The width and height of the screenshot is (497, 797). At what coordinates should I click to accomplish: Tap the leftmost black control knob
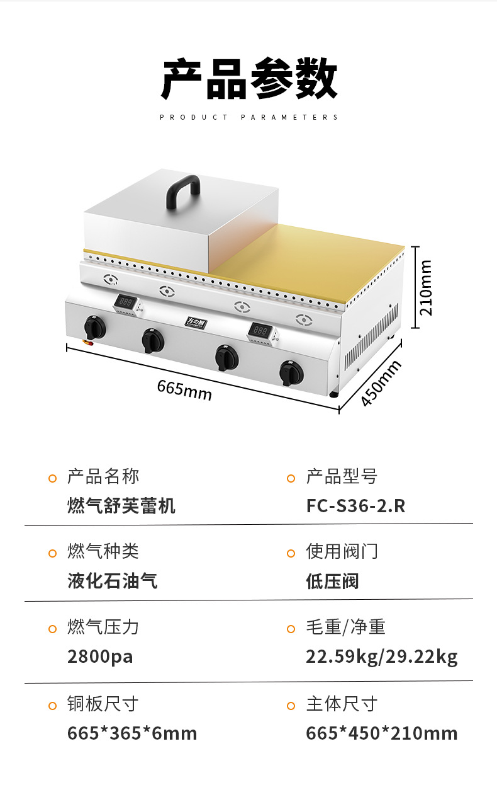coord(94,328)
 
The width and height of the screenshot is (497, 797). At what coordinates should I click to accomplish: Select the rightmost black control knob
coord(291,374)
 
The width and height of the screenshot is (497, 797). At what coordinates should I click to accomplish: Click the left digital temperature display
coord(125,303)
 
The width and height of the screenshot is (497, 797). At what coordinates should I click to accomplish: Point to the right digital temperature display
coord(260,330)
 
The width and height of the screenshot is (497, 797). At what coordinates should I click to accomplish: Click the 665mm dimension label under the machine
coord(184,389)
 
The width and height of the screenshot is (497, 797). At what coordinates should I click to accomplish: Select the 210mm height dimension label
coord(426,287)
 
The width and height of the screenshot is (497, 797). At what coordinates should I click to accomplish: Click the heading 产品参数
coord(249,79)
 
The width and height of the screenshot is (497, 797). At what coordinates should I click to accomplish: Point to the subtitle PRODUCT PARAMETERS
coord(249,117)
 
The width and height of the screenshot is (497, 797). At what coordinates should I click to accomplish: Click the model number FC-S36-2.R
coord(355,505)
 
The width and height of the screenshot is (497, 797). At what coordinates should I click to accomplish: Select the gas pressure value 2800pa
coord(100,657)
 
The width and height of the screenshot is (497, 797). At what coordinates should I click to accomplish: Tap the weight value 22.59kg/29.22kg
coord(382,657)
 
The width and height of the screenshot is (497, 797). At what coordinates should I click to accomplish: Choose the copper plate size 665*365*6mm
coord(132,733)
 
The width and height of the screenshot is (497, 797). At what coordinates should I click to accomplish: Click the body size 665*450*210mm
coord(382,733)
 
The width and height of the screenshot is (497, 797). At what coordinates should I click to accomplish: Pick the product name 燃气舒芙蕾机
coord(121,505)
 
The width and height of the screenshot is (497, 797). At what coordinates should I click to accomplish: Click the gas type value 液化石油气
coord(113,581)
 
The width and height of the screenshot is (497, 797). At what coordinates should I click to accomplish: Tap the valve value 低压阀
coord(332,581)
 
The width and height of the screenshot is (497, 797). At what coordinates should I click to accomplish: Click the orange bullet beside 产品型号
coord(291,478)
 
